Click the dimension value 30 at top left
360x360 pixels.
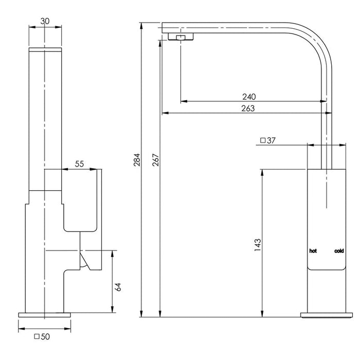tap(46, 22)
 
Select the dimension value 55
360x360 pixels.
tap(80, 164)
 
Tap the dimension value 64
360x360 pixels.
tap(118, 286)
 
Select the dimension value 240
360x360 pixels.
tap(249, 96)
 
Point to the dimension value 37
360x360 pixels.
tap(273, 140)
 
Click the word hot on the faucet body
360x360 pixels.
tap(313, 251)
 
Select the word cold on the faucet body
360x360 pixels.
tap(339, 251)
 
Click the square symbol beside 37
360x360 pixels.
tap(263, 140)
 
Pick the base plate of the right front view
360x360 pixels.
tap(326, 314)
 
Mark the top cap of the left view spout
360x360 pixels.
tap(46, 49)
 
